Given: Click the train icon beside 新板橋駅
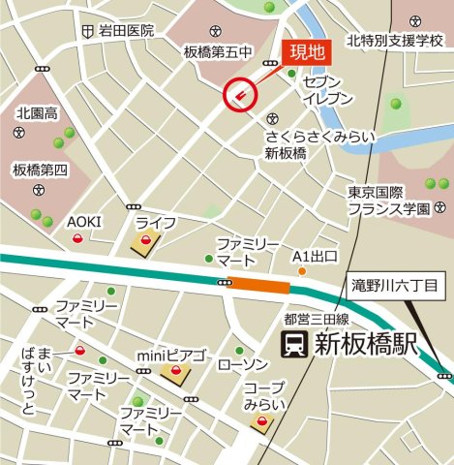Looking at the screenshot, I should click(x=292, y=343).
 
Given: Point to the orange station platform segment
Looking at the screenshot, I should click(x=260, y=284).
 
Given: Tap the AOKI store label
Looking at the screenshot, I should click(x=83, y=222).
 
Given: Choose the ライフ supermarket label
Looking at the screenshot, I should click(x=155, y=223).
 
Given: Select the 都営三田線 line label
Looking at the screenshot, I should click(x=316, y=318).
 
